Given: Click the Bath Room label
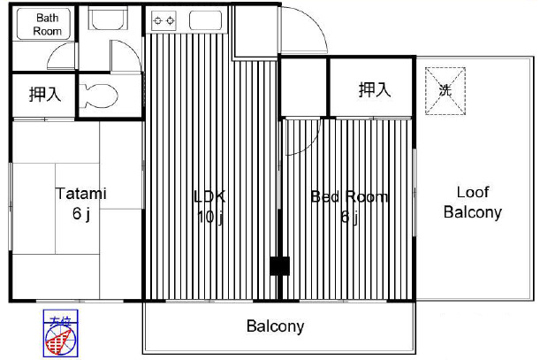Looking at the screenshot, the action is [47, 24].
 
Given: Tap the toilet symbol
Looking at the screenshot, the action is [99, 93].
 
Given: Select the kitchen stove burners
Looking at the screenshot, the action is [164, 19].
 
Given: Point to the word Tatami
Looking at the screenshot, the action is [81, 193].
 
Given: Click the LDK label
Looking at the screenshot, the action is [210, 196].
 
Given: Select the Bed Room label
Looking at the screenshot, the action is [349, 196].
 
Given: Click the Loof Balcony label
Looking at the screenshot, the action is [472, 203].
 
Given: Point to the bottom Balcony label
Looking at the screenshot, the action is [275, 326].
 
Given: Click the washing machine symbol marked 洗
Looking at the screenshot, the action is [444, 90].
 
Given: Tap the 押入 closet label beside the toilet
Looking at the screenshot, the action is [44, 94].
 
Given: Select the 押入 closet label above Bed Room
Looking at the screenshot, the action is [374, 88].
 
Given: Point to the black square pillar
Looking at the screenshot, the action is [279, 264].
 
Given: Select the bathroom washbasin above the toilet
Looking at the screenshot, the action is [110, 25].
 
